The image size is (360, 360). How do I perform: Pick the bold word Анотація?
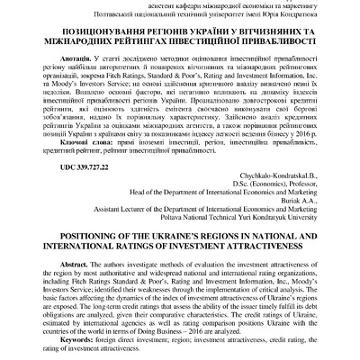[x=70, y=54]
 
